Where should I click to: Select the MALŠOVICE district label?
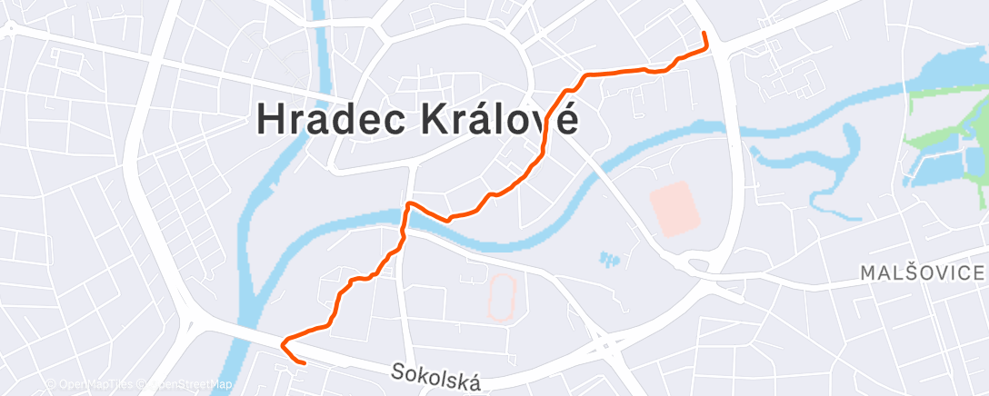click(922, 273)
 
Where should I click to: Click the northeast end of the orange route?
click(704, 34)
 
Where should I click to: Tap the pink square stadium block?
click(676, 208)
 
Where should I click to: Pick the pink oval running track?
click(499, 297)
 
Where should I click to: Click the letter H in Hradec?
click(270, 119)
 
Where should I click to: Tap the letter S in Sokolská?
click(398, 371)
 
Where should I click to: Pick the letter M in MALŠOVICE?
click(868, 273)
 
